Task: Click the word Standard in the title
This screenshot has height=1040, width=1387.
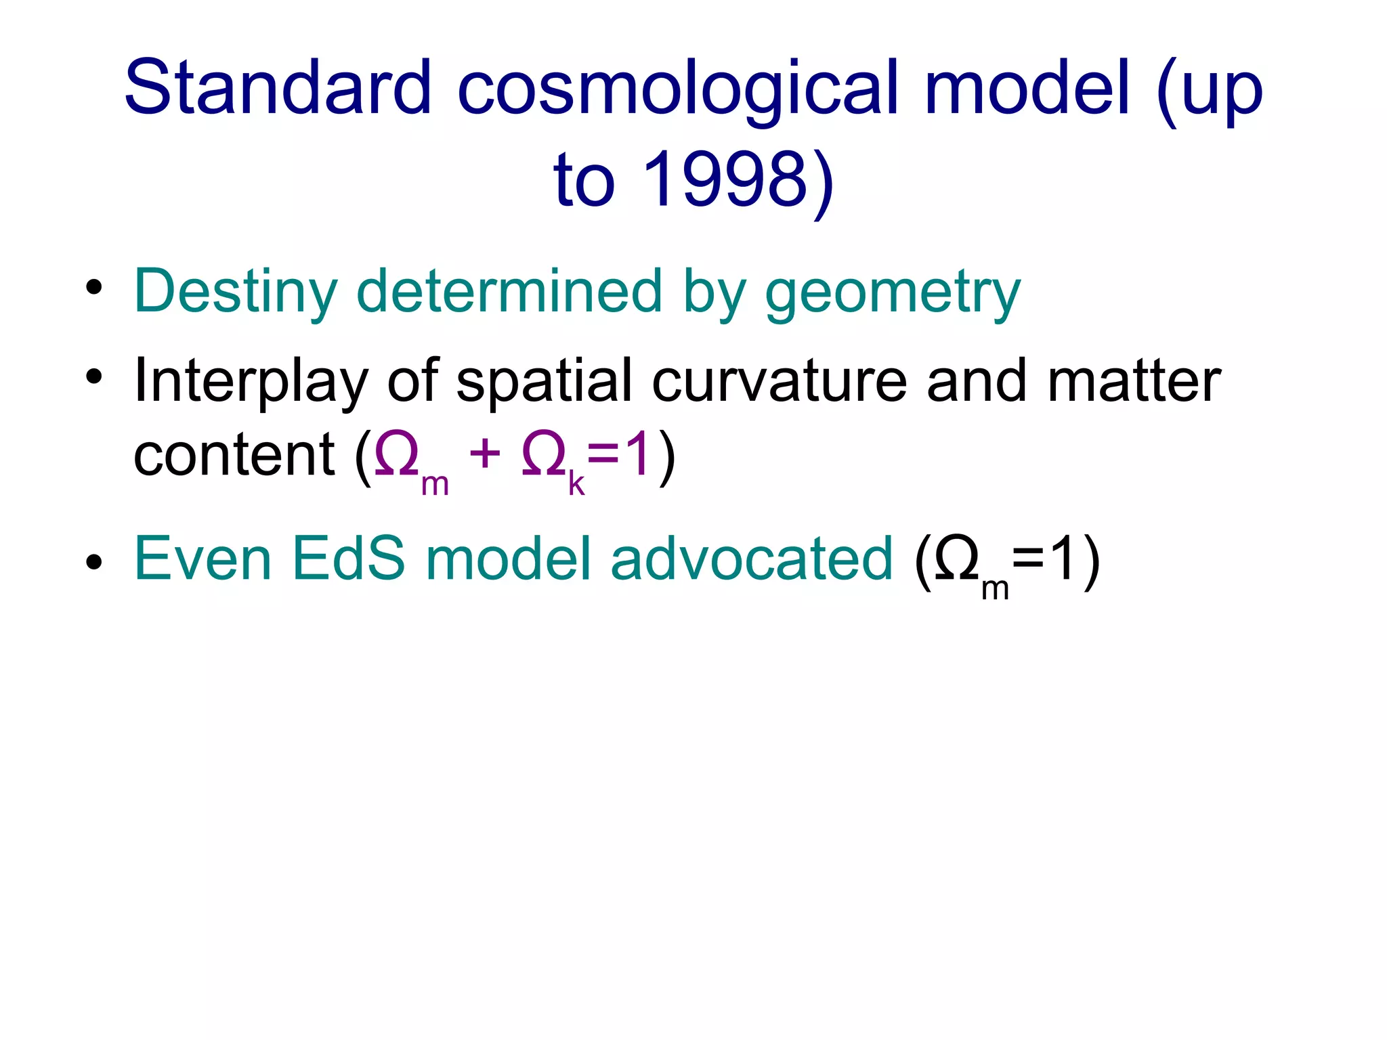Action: click(278, 88)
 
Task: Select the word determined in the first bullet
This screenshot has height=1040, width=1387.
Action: click(509, 291)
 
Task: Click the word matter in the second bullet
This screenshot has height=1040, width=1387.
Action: click(1134, 381)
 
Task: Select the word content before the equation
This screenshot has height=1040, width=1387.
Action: click(234, 455)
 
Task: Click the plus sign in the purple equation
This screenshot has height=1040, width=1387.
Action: click(485, 454)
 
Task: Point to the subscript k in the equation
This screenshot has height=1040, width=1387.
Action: click(576, 483)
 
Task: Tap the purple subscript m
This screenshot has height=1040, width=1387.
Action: click(435, 485)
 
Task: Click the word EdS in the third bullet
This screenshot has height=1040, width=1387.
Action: click(348, 559)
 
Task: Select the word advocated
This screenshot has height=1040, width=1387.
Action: click(752, 559)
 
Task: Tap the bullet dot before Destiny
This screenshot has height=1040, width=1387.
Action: click(94, 287)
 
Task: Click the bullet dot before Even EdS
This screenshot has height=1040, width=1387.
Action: click(94, 561)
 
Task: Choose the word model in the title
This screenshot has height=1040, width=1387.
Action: click(1027, 88)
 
